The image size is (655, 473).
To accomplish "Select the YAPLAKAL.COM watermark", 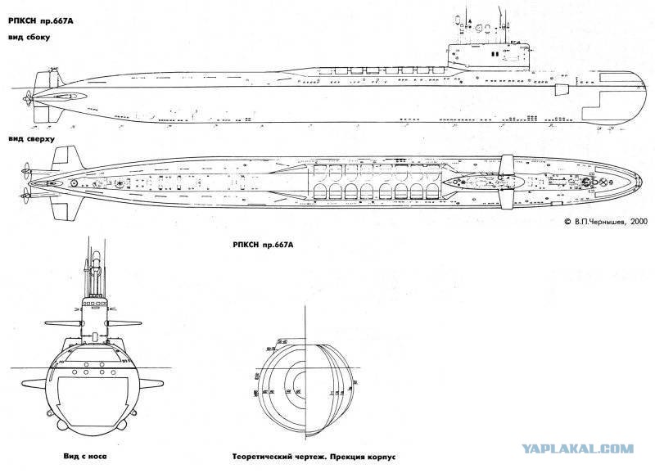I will pyautogui.click(x=586, y=448).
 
